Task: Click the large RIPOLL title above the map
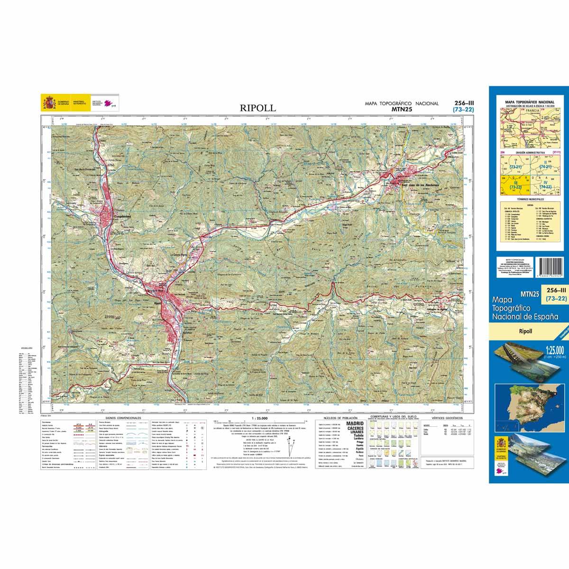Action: (x=257, y=108)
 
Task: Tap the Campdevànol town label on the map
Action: (x=123, y=217)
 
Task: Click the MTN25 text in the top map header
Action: (x=401, y=110)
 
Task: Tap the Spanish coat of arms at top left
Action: (x=49, y=102)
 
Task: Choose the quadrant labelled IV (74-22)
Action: (x=547, y=185)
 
